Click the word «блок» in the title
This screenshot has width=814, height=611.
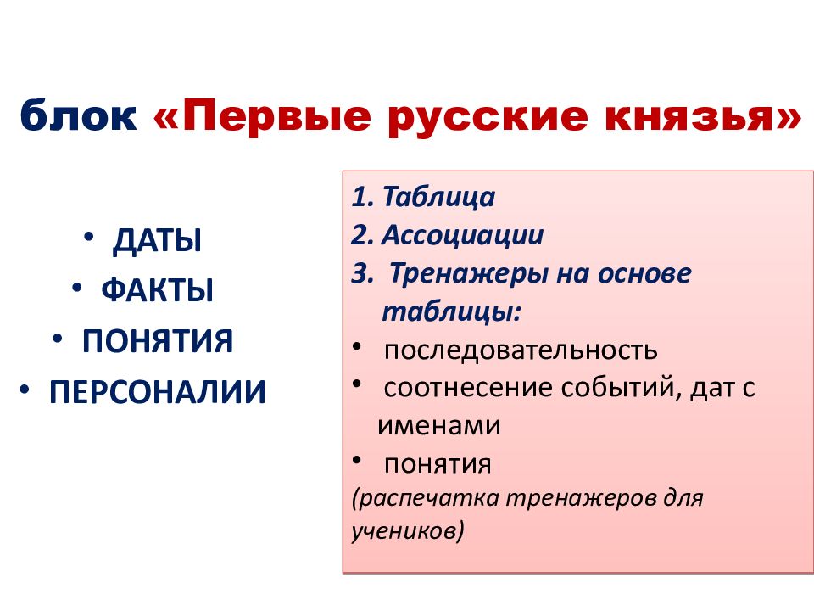pyautogui.click(x=79, y=116)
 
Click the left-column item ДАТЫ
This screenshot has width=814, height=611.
pyautogui.click(x=157, y=242)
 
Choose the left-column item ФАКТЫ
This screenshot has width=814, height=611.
pyautogui.click(x=157, y=291)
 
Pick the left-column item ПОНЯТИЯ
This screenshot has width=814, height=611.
pyautogui.click(x=157, y=341)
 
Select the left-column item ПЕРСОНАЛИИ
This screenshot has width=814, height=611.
pyautogui.click(x=157, y=391)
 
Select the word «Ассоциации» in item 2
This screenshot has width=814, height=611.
pyautogui.click(x=462, y=235)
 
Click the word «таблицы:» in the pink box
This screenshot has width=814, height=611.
pyautogui.click(x=451, y=311)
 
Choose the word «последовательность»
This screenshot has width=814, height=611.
pyautogui.click(x=520, y=350)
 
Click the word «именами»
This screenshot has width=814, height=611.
pyautogui.click(x=438, y=426)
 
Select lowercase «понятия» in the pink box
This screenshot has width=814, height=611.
pyautogui.click(x=438, y=464)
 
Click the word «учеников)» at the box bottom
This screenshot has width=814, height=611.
pyautogui.click(x=407, y=532)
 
